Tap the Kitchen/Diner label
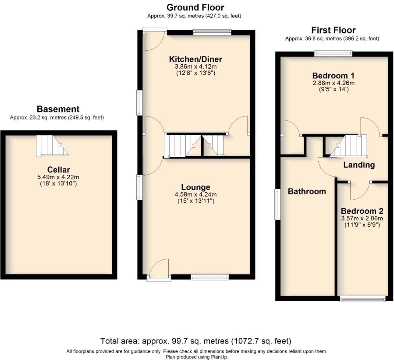tap(195, 59)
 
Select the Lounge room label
tap(195, 187)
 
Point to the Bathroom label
tap(307, 192)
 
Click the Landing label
tap(359, 165)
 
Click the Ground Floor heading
tap(195, 7)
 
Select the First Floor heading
tap(333, 30)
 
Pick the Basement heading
tap(58, 109)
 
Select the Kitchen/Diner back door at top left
tap(155, 39)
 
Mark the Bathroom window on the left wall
tap(277, 203)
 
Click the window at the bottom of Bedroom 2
tap(362, 299)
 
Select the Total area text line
tap(196, 341)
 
